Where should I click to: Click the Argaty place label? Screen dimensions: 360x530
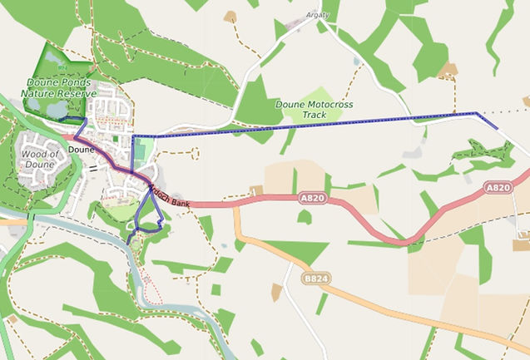pyautogui.click(x=318, y=15)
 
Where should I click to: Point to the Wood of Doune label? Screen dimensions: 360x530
pyautogui.click(x=38, y=159)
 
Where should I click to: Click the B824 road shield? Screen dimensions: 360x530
pyautogui.click(x=315, y=279)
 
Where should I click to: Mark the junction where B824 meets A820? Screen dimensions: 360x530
pyautogui.click(x=235, y=205)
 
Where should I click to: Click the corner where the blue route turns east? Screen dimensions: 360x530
pyautogui.click(x=132, y=136)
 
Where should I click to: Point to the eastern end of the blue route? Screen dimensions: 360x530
pyautogui.click(x=498, y=128)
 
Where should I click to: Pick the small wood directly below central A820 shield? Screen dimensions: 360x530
pyautogui.click(x=305, y=218)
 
